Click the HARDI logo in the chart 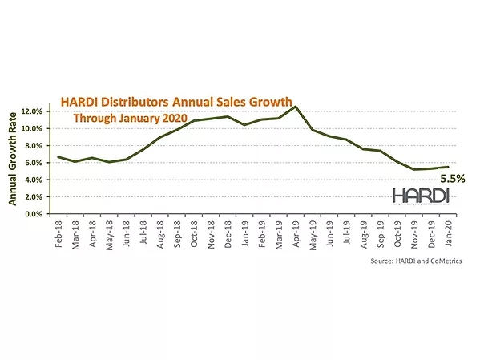[421, 196]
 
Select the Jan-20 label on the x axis [446, 231]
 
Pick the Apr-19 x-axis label [295, 231]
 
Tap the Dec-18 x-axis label [228, 231]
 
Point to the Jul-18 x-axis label [143, 231]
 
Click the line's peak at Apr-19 [296, 107]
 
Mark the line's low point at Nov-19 [413, 169]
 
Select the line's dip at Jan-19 [244, 125]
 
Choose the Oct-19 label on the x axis [396, 231]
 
